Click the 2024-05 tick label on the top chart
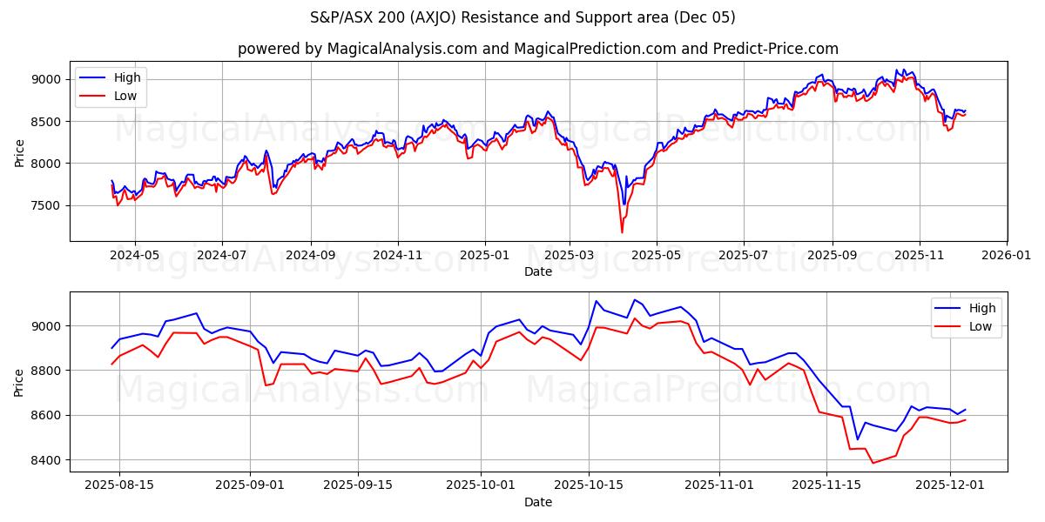[135, 256]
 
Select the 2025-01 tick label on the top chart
[484, 256]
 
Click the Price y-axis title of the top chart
[20, 152]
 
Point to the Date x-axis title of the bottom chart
[538, 502]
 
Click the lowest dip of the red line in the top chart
[622, 232]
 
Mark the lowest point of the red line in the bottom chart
[873, 463]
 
